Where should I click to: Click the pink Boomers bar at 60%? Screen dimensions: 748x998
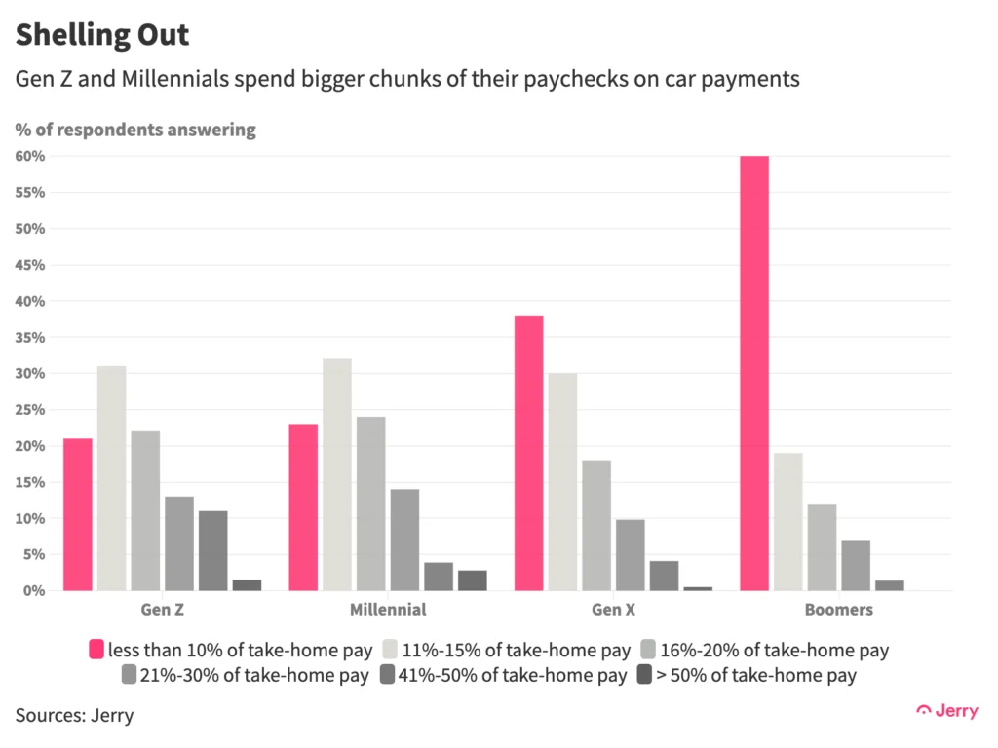754,373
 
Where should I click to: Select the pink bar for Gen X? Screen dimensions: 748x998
529,453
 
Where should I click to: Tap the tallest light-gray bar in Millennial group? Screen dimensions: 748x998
337,474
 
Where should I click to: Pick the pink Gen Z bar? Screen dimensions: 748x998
78,514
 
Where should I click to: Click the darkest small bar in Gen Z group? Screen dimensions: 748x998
247,585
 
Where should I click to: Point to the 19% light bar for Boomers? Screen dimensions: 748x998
788,521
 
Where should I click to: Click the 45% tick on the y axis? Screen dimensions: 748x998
30,265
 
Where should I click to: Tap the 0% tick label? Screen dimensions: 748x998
34,591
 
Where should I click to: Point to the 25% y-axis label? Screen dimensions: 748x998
30,410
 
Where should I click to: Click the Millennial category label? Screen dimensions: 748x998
387,611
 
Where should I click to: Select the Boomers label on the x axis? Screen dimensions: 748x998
839,611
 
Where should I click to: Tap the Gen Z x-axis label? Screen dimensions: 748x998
162,611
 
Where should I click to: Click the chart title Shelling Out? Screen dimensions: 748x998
101,36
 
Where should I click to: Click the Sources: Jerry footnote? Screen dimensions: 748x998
74,716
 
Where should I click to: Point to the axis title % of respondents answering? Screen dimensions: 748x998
135,130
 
